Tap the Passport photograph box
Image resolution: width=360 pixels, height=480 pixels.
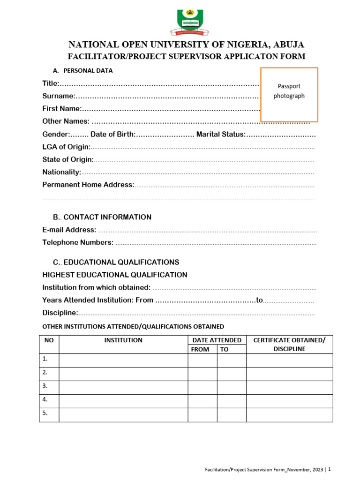click(x=289, y=94)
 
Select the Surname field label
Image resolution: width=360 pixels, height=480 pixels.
click(x=59, y=96)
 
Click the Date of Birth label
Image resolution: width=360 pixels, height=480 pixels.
click(x=112, y=135)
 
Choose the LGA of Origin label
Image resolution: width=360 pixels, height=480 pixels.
click(x=66, y=147)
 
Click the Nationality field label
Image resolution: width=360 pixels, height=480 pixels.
click(x=61, y=172)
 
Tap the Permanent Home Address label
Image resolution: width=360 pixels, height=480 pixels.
click(x=88, y=185)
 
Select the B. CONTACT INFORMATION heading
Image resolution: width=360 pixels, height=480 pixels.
click(x=102, y=217)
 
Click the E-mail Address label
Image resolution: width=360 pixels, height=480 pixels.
click(x=69, y=230)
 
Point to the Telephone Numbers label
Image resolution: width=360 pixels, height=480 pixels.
click(x=78, y=242)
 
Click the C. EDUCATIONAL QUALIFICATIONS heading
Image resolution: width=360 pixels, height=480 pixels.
click(x=116, y=262)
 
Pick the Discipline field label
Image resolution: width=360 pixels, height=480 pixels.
click(x=60, y=313)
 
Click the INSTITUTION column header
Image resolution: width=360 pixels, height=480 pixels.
click(x=123, y=340)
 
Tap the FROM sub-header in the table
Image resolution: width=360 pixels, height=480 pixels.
click(x=200, y=350)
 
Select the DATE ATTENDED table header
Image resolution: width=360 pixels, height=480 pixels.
click(x=217, y=340)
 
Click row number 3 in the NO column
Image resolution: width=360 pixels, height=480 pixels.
click(x=45, y=386)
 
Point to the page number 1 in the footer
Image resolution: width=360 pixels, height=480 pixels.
click(x=330, y=469)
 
